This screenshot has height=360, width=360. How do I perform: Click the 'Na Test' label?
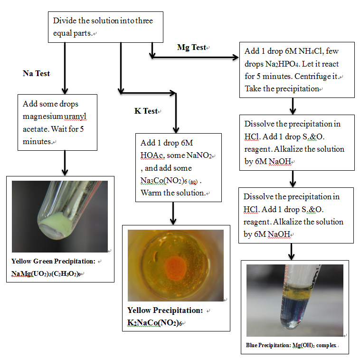36,73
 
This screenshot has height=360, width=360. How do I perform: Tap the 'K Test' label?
146,111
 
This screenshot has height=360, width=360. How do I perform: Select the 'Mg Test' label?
191,48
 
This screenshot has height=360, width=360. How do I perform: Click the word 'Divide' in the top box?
65,21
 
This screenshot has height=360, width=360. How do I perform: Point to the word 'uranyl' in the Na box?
75,117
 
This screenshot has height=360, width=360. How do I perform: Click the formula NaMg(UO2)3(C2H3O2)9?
46,273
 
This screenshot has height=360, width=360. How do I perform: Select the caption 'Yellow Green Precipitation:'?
53,261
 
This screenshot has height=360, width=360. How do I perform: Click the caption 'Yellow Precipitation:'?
165,311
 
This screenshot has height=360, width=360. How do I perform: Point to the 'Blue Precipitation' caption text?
269,345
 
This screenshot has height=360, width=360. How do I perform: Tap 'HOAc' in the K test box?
152,156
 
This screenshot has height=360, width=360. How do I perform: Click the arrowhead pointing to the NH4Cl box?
236,57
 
